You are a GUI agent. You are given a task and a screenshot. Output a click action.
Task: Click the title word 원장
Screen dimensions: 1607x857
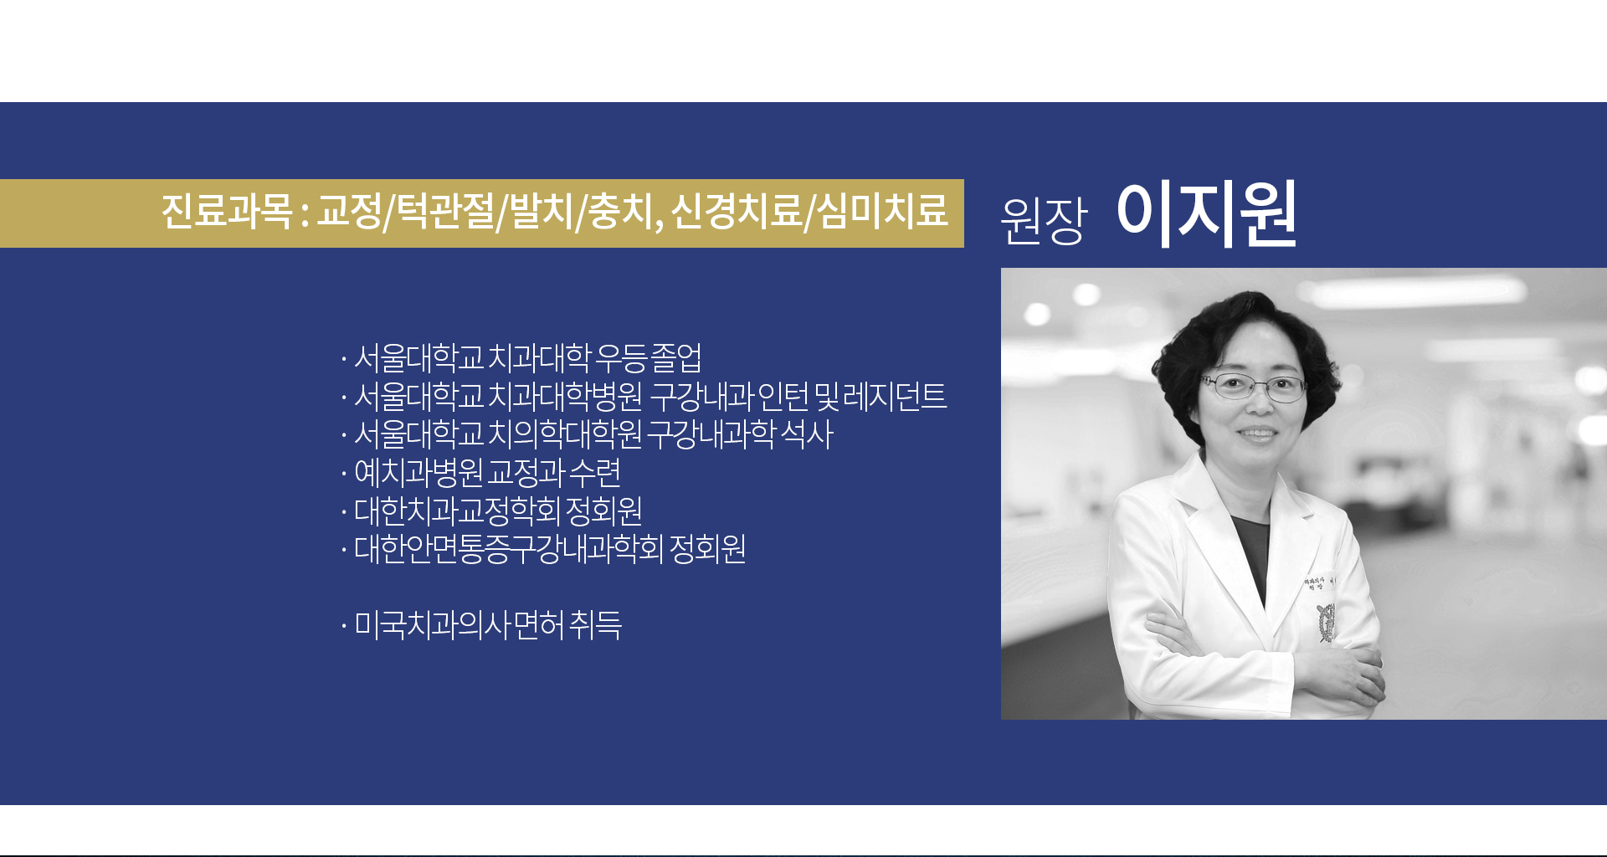[1044, 220]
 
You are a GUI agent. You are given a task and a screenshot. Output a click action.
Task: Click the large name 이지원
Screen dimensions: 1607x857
[1207, 214]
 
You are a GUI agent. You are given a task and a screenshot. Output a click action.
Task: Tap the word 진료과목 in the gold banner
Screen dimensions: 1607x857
[226, 211]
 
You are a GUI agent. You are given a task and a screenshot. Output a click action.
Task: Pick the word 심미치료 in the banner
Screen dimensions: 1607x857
[881, 211]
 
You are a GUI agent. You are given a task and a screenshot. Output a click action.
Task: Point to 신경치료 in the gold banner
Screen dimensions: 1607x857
[737, 211]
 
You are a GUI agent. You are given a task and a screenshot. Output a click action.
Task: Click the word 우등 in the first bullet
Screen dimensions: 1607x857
[621, 358]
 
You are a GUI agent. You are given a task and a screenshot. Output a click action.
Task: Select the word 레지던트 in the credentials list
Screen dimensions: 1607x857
[895, 397]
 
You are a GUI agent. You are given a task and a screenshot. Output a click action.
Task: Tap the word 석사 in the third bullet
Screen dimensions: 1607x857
[807, 435]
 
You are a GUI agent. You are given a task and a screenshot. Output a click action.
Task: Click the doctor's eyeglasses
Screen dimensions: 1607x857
[1253, 387]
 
